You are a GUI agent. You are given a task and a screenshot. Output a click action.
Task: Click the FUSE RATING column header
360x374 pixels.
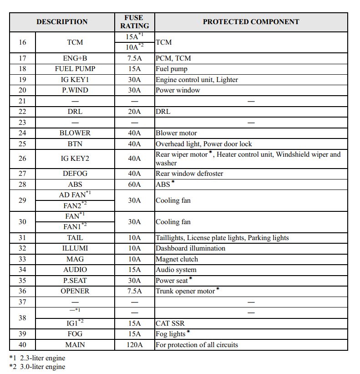click(134, 22)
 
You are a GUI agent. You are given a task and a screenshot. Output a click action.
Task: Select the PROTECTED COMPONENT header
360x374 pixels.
click(251, 22)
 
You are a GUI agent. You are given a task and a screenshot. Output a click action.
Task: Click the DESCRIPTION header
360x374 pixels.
click(62, 22)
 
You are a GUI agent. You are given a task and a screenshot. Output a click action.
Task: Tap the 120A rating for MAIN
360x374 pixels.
click(134, 345)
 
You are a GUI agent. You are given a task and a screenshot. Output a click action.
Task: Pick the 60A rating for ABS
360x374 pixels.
click(134, 184)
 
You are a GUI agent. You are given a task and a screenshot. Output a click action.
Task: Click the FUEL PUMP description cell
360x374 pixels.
click(75, 69)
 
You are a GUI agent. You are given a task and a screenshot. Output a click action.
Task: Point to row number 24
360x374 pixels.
click(22, 133)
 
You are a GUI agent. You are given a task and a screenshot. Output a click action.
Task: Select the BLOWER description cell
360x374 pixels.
click(75, 133)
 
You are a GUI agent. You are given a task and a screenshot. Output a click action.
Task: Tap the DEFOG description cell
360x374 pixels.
click(75, 174)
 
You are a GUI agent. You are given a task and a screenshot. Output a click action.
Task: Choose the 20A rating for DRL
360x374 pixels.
click(134, 112)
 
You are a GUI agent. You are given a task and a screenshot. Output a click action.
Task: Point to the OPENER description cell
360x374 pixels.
click(75, 291)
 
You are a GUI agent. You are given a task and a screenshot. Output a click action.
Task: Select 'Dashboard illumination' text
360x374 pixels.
click(190, 248)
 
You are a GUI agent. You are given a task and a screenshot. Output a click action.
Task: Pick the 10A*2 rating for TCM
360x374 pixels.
click(134, 46)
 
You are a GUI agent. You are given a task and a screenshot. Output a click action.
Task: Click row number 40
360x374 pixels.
click(22, 345)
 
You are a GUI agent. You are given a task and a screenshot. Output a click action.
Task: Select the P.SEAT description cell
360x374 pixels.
click(75, 281)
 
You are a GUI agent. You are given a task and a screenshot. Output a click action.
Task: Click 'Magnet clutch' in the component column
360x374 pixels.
click(177, 259)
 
